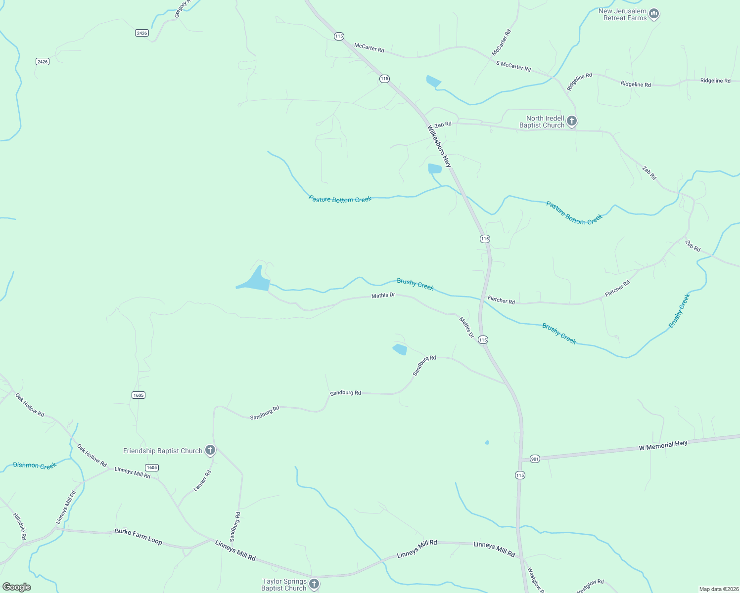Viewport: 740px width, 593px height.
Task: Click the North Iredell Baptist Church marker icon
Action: tap(571, 121)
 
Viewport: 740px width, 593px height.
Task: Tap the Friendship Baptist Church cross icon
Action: tap(210, 450)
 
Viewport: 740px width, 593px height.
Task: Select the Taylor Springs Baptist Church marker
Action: tap(314, 585)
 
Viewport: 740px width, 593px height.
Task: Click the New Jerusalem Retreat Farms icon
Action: tap(654, 14)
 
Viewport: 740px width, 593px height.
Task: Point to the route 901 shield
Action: tap(534, 459)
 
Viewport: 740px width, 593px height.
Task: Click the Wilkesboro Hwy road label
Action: tap(439, 146)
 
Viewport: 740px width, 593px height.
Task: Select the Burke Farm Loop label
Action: tap(139, 536)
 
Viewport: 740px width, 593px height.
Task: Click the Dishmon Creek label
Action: tap(35, 466)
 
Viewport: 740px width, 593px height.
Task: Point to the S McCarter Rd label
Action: tap(513, 66)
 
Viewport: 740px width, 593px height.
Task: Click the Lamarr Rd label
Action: tap(202, 480)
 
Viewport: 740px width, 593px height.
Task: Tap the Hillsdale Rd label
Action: tap(19, 526)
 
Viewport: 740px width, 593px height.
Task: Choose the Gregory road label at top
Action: tap(181, 9)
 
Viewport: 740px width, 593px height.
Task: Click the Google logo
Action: tap(17, 587)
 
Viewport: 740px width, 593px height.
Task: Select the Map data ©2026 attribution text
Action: tap(718, 589)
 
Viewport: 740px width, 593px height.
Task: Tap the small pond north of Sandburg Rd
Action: tap(400, 349)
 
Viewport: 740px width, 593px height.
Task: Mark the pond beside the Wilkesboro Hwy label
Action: tap(434, 169)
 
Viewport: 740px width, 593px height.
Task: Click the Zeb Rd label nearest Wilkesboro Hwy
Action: tap(443, 124)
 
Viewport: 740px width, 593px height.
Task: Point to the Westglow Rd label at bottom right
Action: tap(590, 586)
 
